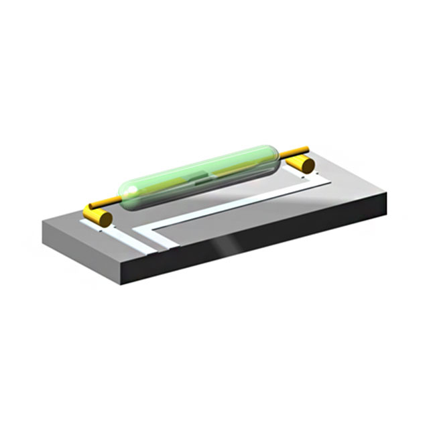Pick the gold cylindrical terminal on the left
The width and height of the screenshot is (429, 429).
click(97, 216)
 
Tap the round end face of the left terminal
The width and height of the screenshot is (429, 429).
click(104, 219)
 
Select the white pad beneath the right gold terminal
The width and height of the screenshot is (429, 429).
click(315, 176)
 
